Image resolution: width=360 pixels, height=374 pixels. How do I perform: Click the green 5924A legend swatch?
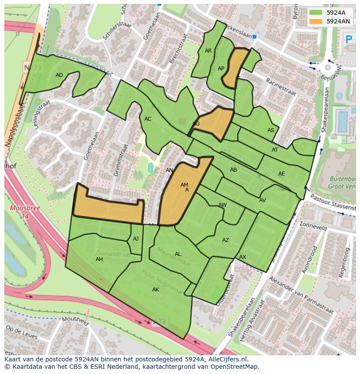coord(316,13)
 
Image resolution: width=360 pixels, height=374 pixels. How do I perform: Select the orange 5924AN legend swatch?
coord(316,21)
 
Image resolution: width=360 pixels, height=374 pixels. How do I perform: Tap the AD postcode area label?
coord(60,75)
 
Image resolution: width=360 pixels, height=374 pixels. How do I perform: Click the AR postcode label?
coord(208,51)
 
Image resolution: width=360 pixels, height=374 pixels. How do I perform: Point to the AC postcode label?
coord(148,119)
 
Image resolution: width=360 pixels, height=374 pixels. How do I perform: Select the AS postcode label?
coord(271,130)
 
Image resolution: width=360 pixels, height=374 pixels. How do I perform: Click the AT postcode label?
coord(275,150)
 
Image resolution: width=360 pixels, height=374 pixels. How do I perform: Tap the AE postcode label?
coord(282,174)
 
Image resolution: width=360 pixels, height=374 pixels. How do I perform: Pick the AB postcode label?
coord(233,170)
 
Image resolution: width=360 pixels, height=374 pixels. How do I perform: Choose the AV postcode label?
coord(262,200)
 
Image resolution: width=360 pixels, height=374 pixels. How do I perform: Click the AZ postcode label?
coord(226,240)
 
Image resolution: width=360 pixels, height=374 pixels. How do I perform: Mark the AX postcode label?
coord(243,257)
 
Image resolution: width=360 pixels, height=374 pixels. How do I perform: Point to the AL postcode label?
coord(178,254)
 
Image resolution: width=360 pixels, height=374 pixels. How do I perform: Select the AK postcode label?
coord(156,290)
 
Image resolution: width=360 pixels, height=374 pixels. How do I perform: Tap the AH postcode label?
coord(99,259)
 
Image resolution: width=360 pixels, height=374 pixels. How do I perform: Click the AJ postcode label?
coord(136,239)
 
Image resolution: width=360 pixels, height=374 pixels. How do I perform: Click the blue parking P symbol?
coord(348,40)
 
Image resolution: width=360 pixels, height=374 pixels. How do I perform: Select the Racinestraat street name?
coord(281,87)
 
